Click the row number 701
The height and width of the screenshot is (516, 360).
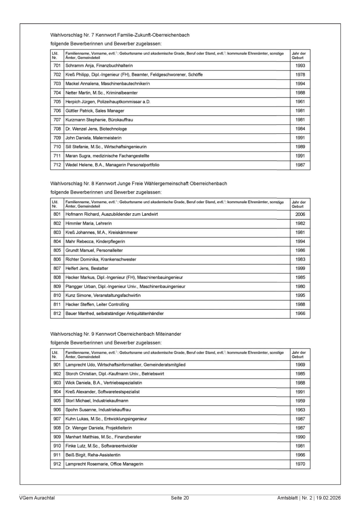57,66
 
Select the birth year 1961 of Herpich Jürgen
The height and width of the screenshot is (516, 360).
300,102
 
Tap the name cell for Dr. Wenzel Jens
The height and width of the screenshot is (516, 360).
96,129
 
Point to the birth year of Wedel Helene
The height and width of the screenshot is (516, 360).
300,165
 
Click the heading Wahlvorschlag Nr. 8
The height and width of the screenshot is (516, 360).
138,183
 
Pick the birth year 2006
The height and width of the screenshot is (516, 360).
300,214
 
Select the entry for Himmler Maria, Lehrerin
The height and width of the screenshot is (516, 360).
88,224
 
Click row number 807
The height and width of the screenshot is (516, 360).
57,269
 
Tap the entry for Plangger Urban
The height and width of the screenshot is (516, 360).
125,287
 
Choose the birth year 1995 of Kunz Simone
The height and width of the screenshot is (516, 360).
300,295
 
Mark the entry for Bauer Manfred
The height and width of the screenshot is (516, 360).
114,314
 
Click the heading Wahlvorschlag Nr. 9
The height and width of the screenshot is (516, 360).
116,334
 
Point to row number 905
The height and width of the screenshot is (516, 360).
57,401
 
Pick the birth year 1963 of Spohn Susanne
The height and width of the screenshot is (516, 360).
300,410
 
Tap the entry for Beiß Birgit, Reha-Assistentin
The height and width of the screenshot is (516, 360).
93,455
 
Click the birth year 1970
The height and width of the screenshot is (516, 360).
300,464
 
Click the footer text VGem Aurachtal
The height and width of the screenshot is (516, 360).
37,498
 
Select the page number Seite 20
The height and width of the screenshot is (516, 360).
180,498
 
